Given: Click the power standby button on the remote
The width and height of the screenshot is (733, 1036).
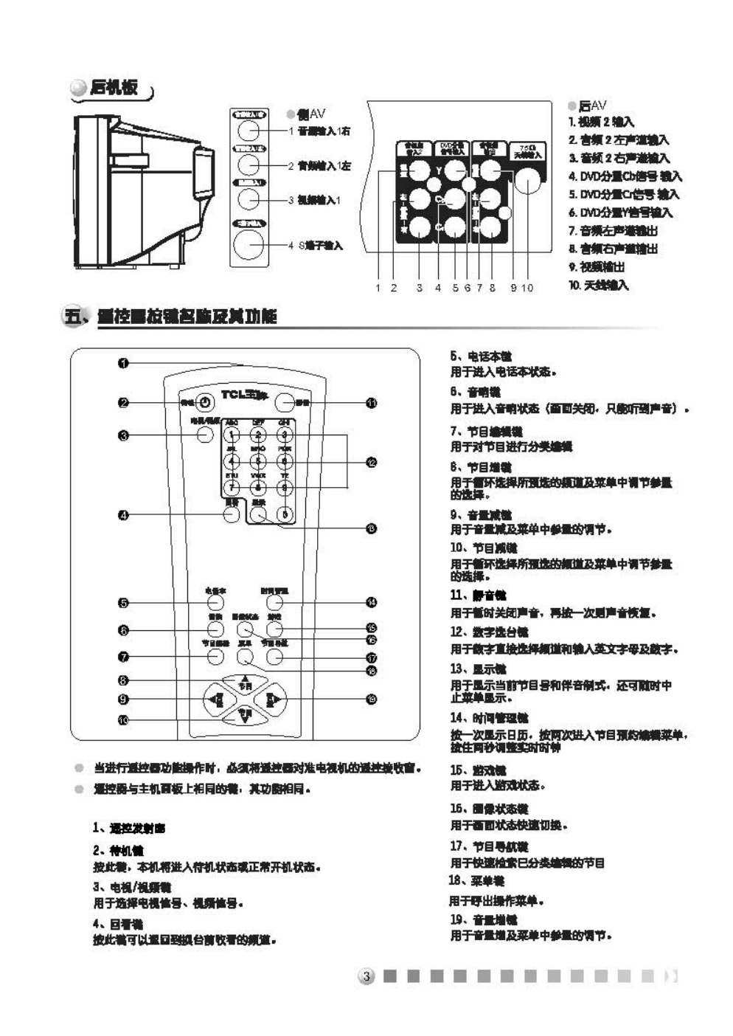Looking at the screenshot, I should click(x=205, y=401).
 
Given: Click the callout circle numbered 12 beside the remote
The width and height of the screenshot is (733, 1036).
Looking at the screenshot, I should click(x=372, y=462).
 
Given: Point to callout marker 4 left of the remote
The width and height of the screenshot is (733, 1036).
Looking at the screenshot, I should click(x=123, y=514).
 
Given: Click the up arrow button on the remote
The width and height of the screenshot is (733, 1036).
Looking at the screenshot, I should click(x=245, y=681).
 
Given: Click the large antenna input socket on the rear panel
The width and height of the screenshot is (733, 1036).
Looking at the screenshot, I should click(x=527, y=180).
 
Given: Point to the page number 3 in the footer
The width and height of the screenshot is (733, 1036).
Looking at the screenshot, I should click(x=366, y=976).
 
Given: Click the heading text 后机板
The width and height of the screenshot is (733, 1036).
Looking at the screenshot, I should click(x=114, y=87).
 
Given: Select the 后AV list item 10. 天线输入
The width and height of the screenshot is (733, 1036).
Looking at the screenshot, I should click(x=599, y=285).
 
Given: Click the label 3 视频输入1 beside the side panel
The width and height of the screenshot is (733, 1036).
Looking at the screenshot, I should click(x=316, y=200).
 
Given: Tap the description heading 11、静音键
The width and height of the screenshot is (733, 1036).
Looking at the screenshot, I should click(x=478, y=595).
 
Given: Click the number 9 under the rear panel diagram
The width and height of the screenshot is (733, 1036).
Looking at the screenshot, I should click(x=513, y=288).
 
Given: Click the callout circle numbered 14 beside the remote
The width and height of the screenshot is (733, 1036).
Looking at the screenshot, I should click(x=372, y=602).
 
